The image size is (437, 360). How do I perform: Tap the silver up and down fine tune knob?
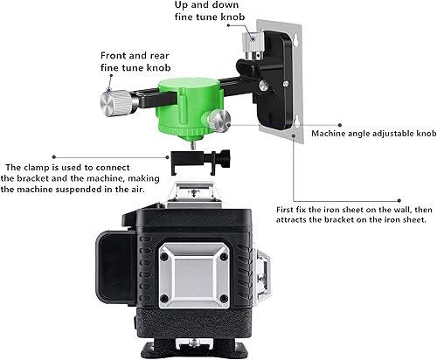[x=253, y=45]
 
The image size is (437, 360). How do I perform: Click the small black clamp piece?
[x=200, y=162]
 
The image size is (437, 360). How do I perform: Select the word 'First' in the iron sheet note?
[x=285, y=210]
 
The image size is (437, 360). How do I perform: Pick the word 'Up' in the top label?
[x=181, y=5]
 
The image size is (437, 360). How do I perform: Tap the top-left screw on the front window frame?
[x=164, y=257]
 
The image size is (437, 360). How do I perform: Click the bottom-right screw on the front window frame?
[x=224, y=298]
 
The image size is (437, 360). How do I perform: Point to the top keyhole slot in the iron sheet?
[x=296, y=41]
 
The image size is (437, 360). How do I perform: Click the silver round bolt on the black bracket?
[x=264, y=86]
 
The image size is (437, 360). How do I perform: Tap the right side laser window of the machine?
[x=262, y=275]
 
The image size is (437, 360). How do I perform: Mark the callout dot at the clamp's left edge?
[x=167, y=157]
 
